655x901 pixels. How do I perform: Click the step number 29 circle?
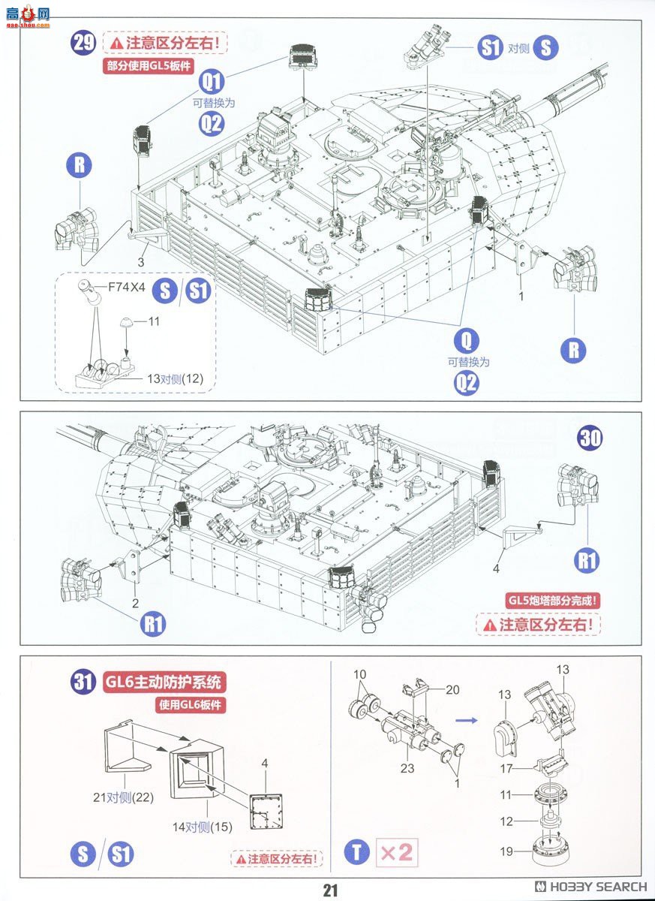click(83, 42)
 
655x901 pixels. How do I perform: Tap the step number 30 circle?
click(590, 438)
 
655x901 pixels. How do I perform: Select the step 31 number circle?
click(83, 683)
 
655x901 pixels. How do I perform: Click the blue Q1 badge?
click(212, 80)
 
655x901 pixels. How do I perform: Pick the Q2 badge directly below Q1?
click(212, 123)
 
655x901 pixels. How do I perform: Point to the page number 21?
click(331, 890)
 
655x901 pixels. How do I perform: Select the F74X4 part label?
click(128, 285)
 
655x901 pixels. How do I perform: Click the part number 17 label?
click(508, 768)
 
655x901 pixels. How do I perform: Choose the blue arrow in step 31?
click(467, 719)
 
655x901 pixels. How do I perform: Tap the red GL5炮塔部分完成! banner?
click(554, 599)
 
